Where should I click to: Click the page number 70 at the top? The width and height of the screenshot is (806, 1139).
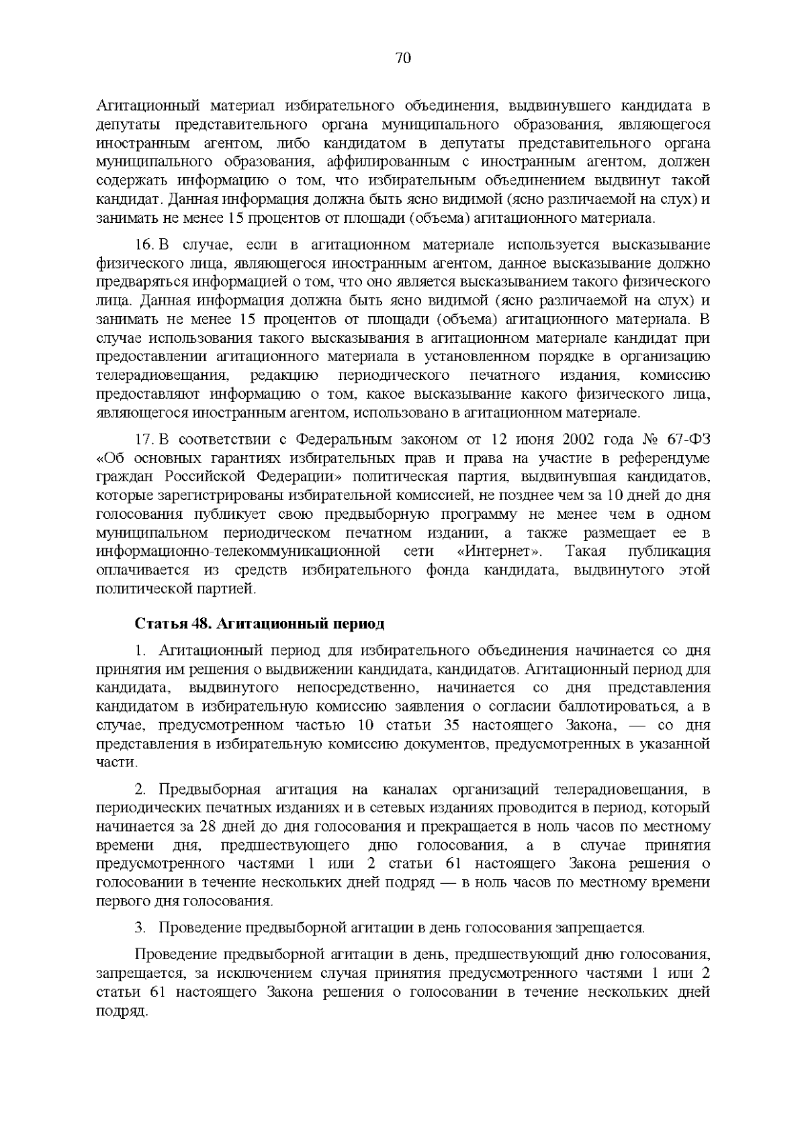[403, 58]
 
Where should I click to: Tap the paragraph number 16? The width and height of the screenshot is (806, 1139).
[144, 245]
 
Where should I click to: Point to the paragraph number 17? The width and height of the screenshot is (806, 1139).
[144, 440]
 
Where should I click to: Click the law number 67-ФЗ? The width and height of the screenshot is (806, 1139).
[688, 440]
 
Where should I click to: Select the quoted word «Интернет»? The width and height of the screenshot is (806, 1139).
[499, 552]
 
